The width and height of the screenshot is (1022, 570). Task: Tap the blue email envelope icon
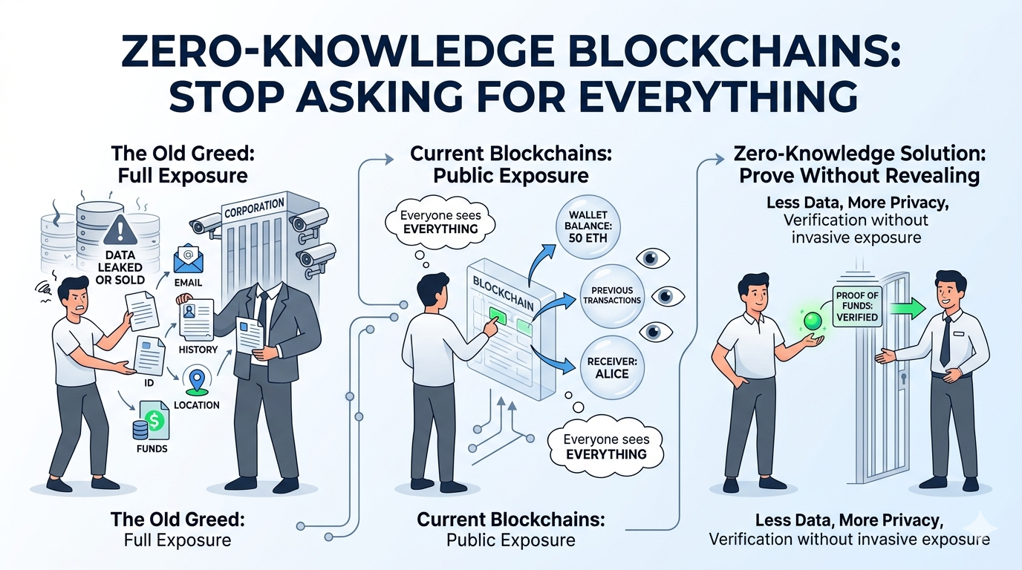[x=188, y=261]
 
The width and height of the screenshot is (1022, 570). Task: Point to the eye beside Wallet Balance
[x=654, y=258]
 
